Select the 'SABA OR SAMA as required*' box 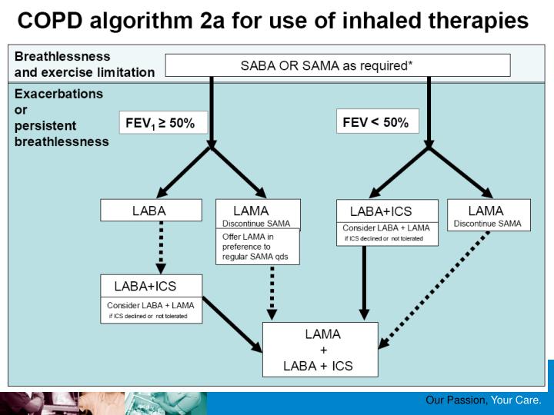point(337,65)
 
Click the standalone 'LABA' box point(144,210)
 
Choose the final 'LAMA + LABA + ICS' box point(320,350)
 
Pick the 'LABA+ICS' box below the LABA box point(151,298)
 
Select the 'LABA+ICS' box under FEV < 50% point(387,222)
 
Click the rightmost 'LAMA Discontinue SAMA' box point(487,215)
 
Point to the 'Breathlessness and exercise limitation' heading point(82,65)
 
